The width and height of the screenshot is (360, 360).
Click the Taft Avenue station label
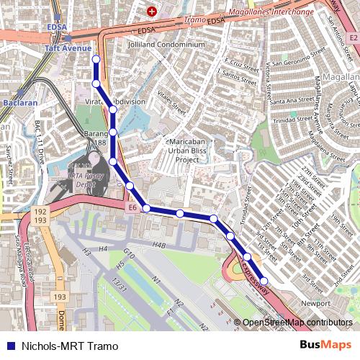click(68, 48)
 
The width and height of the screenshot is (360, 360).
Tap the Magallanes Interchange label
click(271, 12)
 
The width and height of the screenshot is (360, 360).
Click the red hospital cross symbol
click(152, 12)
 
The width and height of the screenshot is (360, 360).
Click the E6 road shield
click(132, 208)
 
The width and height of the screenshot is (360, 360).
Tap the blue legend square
click(9, 346)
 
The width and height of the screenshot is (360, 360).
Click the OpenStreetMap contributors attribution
click(297, 323)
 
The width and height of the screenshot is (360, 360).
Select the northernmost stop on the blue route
click(96, 58)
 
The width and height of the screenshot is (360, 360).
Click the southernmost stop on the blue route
click(264, 281)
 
